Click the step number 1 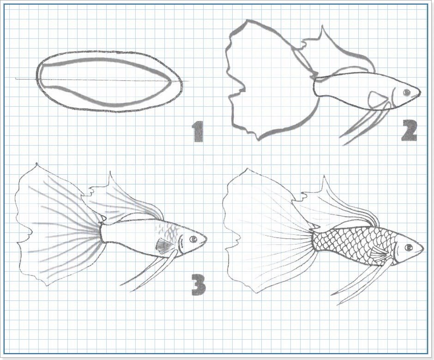[x=198, y=131]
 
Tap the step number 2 [x=410, y=130]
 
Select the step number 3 [x=199, y=285]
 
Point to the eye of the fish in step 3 [x=193, y=239]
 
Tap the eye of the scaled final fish [x=409, y=247]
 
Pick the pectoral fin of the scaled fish [x=378, y=253]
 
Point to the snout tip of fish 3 [x=207, y=239]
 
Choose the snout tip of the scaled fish [x=424, y=248]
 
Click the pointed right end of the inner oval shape [x=169, y=81]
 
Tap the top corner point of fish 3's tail [x=36, y=164]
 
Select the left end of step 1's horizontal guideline [x=16, y=79]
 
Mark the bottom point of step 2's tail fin [x=259, y=140]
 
